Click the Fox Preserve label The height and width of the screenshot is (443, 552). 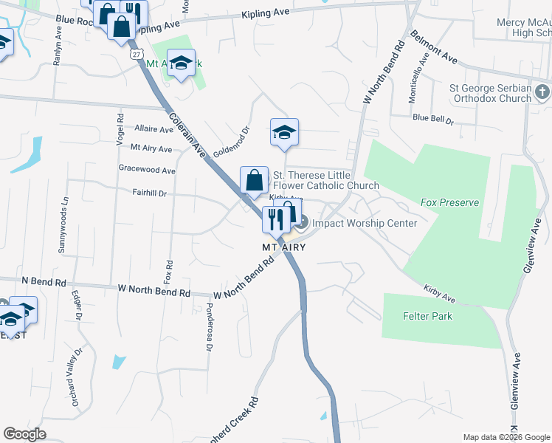[x=449, y=202]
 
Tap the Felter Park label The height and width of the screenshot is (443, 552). [x=427, y=316]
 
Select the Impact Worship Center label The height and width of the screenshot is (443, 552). [x=365, y=223]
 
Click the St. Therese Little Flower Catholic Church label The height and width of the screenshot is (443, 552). [x=325, y=180]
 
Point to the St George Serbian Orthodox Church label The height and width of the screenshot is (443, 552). [x=490, y=92]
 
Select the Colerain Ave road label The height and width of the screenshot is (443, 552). [x=186, y=134]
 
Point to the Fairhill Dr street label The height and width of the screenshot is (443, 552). [x=150, y=193]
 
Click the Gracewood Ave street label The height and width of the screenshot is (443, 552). [x=147, y=170]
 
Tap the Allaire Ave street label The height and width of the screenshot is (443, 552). [x=153, y=128]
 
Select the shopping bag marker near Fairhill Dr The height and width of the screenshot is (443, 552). [x=253, y=180]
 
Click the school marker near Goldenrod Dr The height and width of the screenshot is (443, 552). [x=284, y=133]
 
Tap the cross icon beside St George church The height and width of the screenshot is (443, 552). [x=542, y=92]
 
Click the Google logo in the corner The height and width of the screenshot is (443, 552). [x=24, y=434]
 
